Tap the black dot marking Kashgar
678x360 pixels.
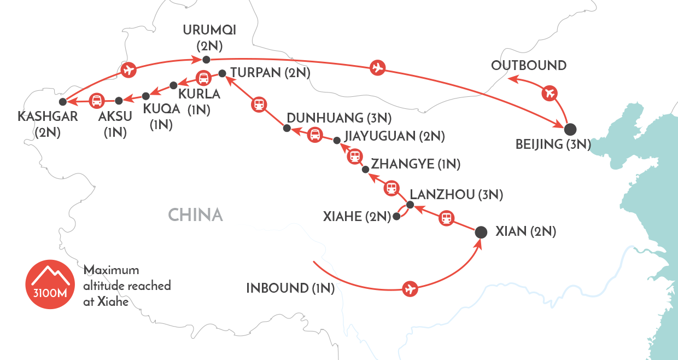point(63,101)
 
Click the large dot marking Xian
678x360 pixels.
point(481,232)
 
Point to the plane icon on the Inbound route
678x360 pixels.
point(410,288)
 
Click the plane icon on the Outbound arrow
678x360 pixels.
point(550,93)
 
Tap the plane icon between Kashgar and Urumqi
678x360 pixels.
point(128,70)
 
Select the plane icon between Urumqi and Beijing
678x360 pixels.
point(377,68)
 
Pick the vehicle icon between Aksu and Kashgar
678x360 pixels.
point(97,100)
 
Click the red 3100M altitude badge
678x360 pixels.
point(49,283)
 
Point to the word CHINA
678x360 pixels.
point(195,214)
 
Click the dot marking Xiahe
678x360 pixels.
point(397,218)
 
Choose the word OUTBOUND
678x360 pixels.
point(528,66)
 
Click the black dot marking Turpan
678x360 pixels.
point(222,73)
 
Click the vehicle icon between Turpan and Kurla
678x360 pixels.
point(203,78)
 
